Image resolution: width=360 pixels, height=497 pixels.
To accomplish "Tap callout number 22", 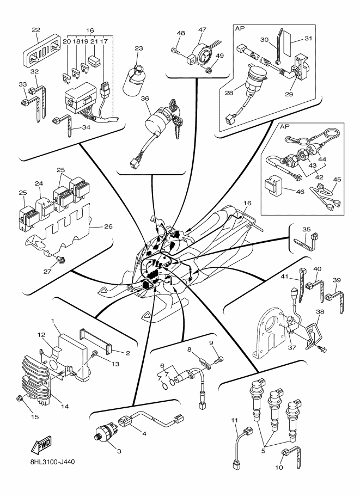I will (36, 29).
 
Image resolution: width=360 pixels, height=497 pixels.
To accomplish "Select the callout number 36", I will (130, 99).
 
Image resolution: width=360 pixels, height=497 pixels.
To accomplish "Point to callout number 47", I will (202, 29).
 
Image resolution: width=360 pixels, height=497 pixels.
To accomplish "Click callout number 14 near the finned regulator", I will (65, 406).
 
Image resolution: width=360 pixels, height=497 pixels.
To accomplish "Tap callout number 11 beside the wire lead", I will (235, 420).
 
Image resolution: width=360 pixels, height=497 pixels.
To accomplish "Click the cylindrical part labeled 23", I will (134, 82).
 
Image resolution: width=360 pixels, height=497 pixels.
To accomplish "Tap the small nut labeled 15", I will (20, 400).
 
